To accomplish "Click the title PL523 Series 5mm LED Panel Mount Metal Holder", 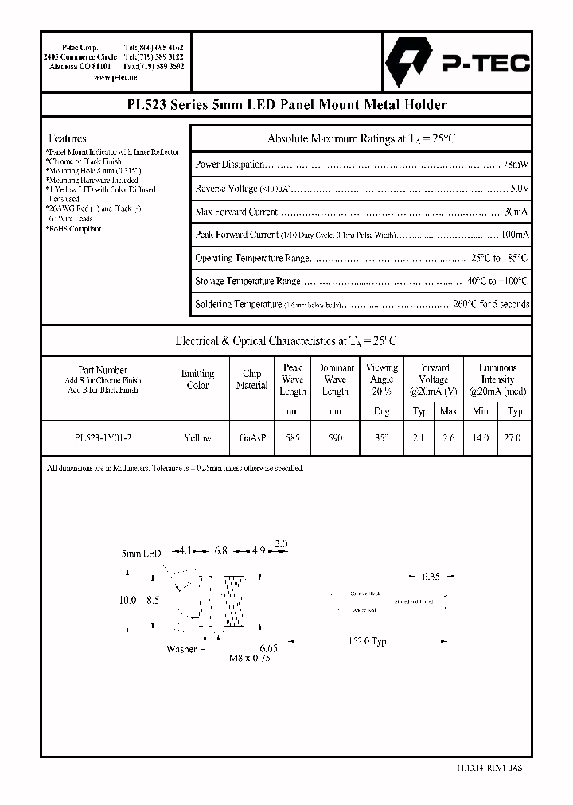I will (286, 105).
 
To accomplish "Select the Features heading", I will (68, 138).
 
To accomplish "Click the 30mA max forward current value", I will (516, 212).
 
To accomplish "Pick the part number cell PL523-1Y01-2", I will (103, 438).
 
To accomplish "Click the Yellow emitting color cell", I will (197, 438).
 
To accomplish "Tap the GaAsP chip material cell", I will (251, 438).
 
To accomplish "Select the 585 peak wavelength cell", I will (292, 438).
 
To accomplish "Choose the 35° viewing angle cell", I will (381, 438).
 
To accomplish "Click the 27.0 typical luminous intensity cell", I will (514, 438).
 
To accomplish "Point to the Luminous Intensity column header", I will (497, 379).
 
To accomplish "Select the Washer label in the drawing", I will (181, 649).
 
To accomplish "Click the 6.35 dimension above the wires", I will (430, 576).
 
